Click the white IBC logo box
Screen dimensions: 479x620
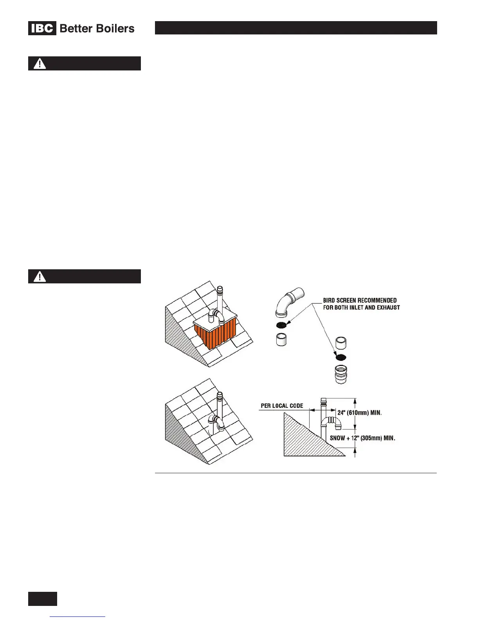point(42,29)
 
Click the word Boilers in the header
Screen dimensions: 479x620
point(117,29)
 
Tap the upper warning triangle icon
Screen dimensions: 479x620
point(40,63)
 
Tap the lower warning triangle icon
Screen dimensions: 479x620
point(40,276)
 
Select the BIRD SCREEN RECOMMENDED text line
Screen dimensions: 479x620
point(360,301)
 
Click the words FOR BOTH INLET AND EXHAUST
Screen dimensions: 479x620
point(361,308)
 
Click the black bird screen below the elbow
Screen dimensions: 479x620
point(281,325)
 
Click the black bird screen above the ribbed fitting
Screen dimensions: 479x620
point(341,357)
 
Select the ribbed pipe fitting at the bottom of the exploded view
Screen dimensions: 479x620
point(341,374)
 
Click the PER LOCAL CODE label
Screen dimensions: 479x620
point(282,406)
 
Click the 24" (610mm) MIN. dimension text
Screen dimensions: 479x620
point(359,413)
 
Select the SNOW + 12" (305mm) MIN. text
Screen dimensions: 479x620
point(362,438)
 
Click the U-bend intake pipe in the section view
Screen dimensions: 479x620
point(332,422)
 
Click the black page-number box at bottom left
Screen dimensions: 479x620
point(42,599)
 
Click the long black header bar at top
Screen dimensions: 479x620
point(295,28)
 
